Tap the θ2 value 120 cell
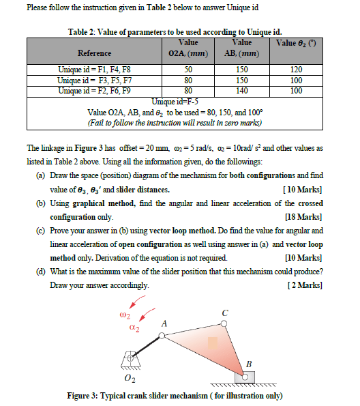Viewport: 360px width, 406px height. pyautogui.click(x=295, y=70)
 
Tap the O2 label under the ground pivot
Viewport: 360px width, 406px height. pyautogui.click(x=127, y=379)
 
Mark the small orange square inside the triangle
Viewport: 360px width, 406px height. pyautogui.click(x=213, y=340)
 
